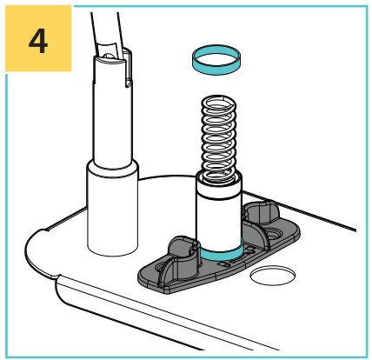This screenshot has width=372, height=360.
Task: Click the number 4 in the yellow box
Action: [38, 41]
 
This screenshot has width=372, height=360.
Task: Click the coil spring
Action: [219, 139]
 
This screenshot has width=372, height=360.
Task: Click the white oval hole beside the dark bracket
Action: [273, 276]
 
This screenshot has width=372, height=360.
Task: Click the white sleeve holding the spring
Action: [219, 215]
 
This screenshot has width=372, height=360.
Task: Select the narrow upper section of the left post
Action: [112, 110]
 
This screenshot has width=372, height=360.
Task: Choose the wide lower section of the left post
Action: [112, 209]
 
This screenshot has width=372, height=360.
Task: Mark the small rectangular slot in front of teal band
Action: [223, 264]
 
